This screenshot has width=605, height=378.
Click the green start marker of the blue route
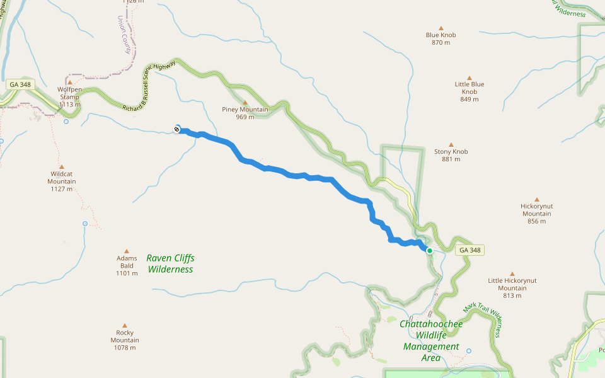[430, 251]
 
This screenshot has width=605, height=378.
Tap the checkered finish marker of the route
[177, 129]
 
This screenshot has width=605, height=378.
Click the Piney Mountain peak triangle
[245, 102]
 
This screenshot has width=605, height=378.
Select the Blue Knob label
[441, 35]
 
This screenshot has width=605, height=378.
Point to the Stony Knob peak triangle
[451, 144]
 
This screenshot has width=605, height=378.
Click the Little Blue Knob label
[470, 88]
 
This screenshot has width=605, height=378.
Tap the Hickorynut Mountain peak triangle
[537, 199]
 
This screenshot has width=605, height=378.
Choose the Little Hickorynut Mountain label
[512, 284]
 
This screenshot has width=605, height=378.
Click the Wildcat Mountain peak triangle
[62, 167]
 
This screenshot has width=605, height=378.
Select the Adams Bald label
[127, 261]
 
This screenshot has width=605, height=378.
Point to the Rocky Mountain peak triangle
[125, 326]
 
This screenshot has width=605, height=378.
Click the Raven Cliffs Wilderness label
[170, 263]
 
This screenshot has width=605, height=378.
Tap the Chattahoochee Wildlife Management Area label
[431, 341]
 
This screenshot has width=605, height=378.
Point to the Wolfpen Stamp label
[69, 93]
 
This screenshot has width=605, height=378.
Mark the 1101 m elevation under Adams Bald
[127, 273]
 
